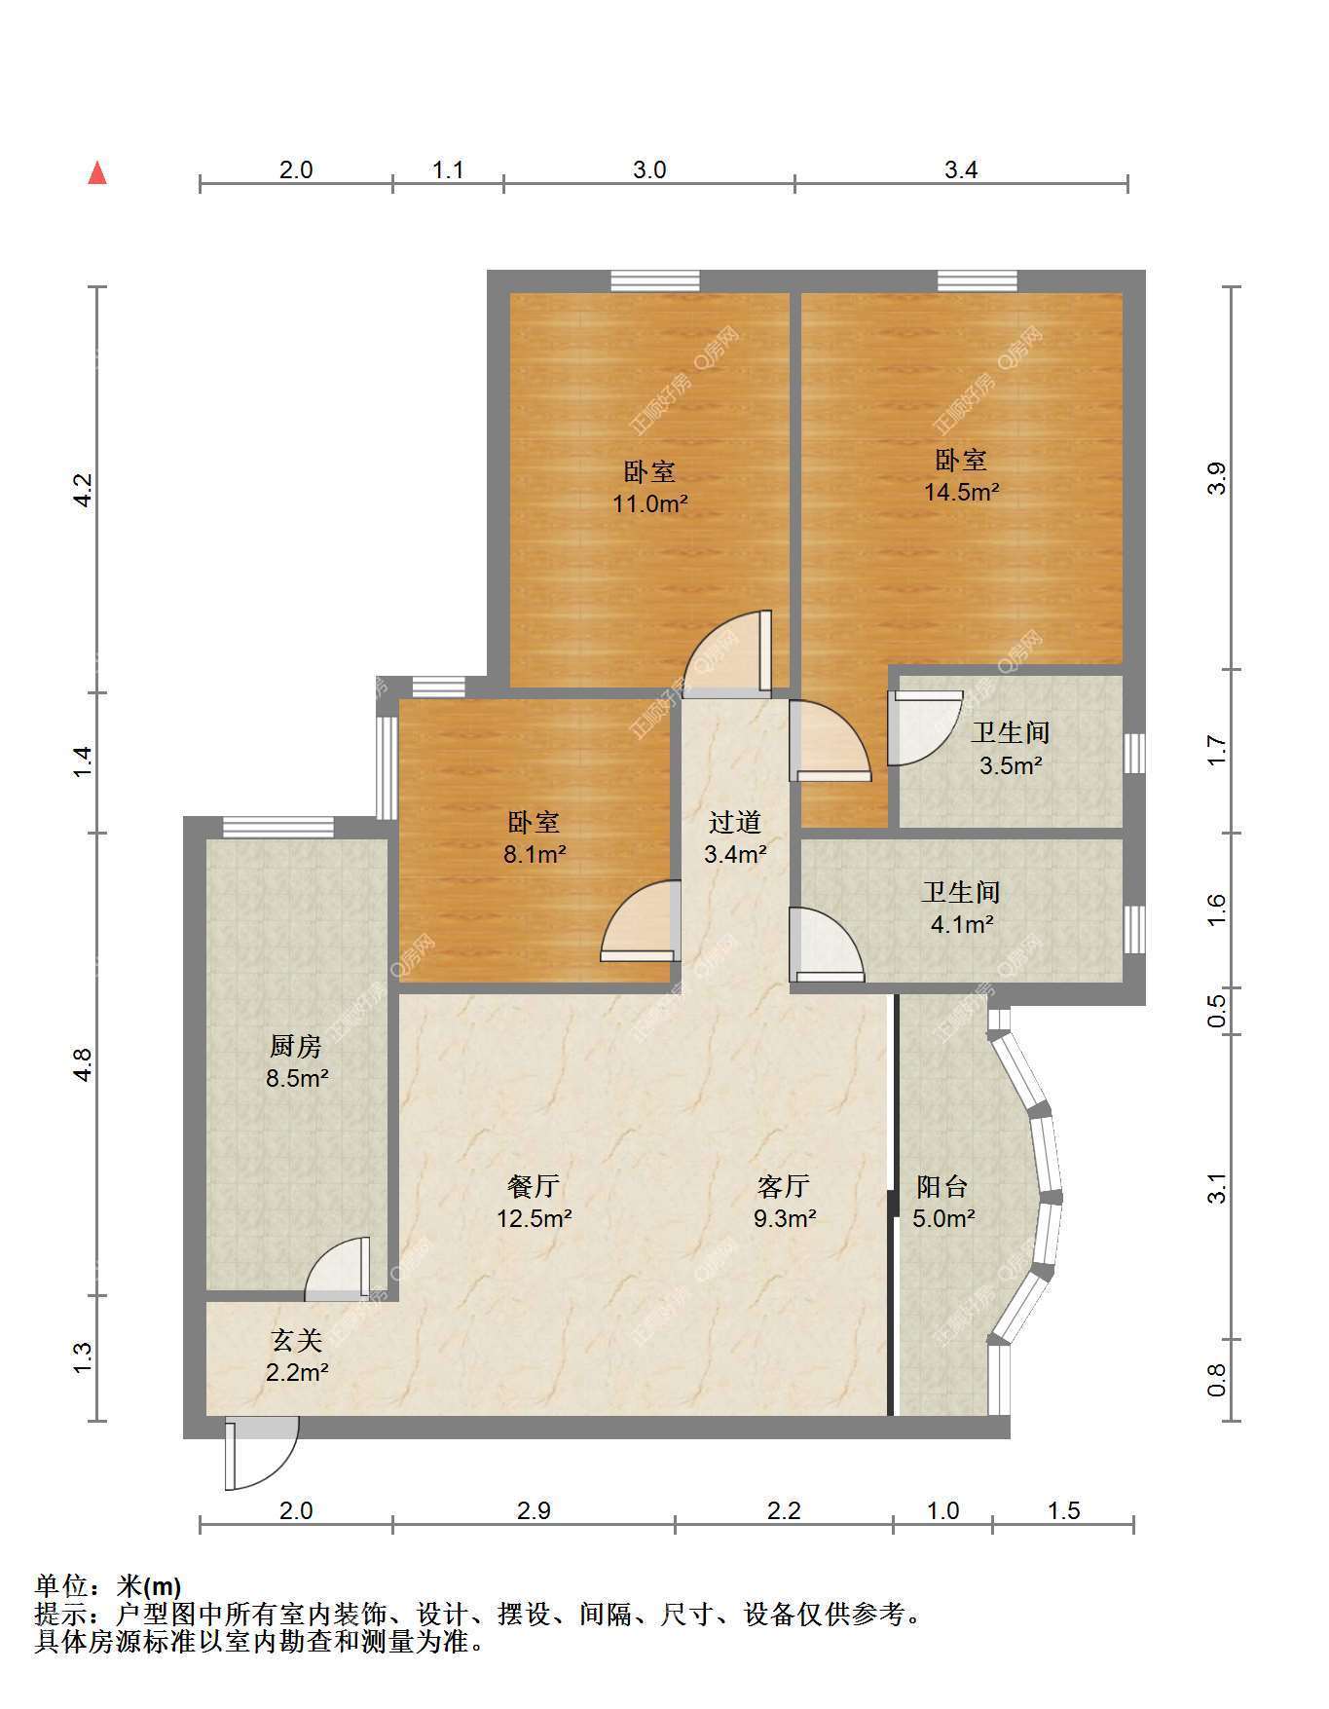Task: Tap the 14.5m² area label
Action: (x=961, y=492)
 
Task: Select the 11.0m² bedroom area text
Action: (x=650, y=504)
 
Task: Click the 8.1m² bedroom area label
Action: (x=534, y=855)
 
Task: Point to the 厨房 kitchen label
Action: (x=295, y=1047)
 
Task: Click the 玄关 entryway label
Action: (x=297, y=1341)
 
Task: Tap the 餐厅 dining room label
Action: (x=534, y=1186)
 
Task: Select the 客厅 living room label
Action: (x=784, y=1186)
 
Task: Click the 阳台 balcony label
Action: (x=942, y=1186)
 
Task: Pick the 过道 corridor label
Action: (x=735, y=823)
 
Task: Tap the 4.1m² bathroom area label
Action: (x=962, y=924)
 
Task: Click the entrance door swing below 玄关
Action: (x=261, y=1454)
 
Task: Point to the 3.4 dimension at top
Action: (x=961, y=169)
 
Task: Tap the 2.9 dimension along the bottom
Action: (x=534, y=1510)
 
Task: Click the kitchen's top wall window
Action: (x=278, y=828)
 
